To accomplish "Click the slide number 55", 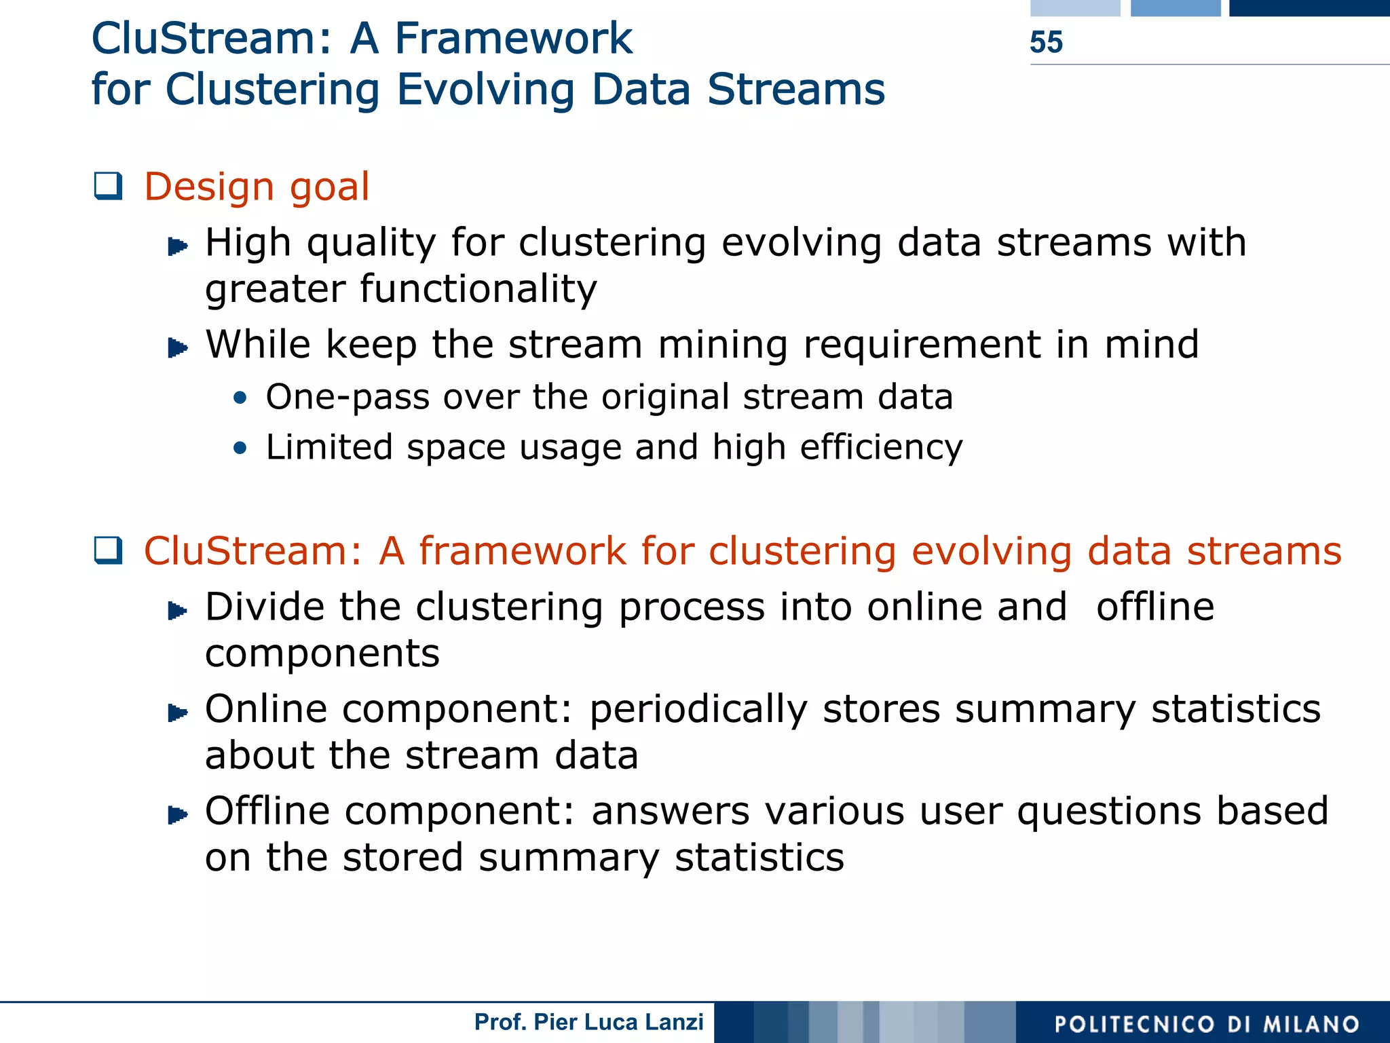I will point(1046,42).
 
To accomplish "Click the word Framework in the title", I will point(514,39).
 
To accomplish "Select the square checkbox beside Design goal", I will point(109,187).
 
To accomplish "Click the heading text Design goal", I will point(257,187).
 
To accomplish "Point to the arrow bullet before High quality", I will point(177,246).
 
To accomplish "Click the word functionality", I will point(478,289).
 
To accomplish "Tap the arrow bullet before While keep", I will point(177,348).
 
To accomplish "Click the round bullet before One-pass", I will point(240,398).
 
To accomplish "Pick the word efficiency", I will point(881,448).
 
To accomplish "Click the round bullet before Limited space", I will point(240,448).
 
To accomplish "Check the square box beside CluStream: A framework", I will point(109,550).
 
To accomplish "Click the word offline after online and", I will point(1155,607).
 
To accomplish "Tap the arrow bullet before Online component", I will point(177,713).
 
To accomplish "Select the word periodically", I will point(698,710).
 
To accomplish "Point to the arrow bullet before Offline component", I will point(177,814).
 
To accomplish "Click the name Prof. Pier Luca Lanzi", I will point(588,1022).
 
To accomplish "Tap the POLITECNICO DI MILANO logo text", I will point(1207,1024).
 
